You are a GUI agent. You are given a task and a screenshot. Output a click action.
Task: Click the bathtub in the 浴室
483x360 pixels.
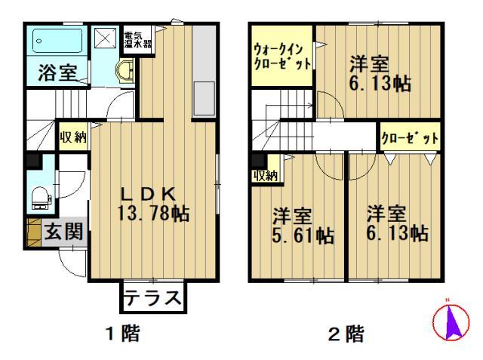point(57,41)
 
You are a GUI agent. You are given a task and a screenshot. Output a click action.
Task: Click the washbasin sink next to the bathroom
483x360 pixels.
point(125,70)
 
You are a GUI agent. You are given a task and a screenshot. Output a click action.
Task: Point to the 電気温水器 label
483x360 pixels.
point(137,39)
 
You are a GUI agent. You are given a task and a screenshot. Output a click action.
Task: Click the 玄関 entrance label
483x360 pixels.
point(63,232)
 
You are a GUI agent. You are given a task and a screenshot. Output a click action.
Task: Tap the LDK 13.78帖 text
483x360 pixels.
point(153,203)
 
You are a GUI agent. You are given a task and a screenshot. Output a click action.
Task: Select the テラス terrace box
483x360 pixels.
point(153,297)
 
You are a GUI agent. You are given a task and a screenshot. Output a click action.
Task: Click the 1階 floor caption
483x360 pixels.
point(122,333)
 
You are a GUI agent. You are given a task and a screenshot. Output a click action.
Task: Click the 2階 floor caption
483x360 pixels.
point(346,334)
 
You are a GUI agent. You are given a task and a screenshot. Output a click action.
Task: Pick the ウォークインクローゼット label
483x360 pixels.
point(282,57)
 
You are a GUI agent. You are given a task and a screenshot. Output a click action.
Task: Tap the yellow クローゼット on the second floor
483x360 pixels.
point(410,137)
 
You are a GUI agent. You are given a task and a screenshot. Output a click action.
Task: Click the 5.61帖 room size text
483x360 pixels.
point(303,235)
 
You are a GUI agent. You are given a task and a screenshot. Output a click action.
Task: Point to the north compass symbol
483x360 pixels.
point(451,321)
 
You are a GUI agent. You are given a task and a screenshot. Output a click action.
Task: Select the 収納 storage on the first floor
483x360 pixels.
point(73,137)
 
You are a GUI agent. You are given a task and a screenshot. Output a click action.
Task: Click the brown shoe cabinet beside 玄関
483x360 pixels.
point(33,232)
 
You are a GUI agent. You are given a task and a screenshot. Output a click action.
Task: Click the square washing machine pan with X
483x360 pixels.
point(106,38)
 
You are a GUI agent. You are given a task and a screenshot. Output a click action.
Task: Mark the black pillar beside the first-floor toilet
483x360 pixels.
point(34,161)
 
